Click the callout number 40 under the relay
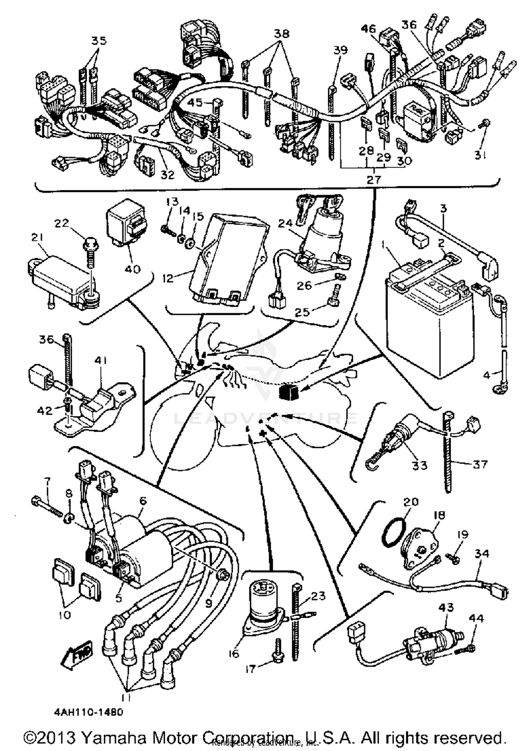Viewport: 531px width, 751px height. (132, 269)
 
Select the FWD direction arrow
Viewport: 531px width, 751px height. (78, 651)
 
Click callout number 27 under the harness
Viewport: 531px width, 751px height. (373, 180)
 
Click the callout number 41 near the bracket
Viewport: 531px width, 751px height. (100, 361)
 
